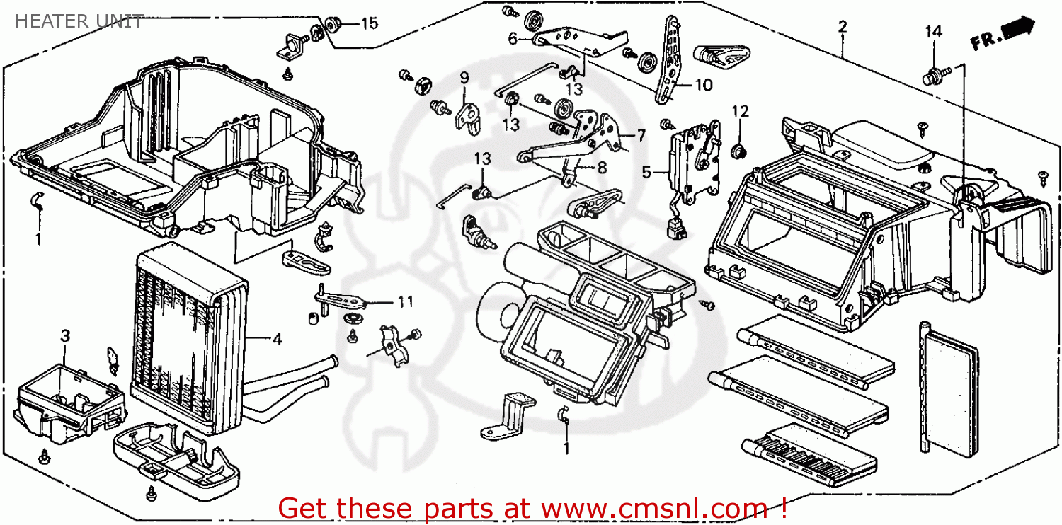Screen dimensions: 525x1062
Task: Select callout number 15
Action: (370, 23)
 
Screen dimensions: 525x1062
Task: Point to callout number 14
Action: (933, 31)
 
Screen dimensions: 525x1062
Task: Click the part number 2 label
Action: (842, 27)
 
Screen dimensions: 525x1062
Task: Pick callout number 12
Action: (740, 111)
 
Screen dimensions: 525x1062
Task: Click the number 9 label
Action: (464, 77)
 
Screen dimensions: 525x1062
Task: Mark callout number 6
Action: (513, 40)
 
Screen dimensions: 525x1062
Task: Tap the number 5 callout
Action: (646, 171)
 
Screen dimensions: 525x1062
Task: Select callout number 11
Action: (404, 302)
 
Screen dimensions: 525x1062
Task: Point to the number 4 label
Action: (277, 340)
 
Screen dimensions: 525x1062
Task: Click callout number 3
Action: (64, 335)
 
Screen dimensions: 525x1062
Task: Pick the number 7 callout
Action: (640, 135)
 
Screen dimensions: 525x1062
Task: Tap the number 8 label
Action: (602, 168)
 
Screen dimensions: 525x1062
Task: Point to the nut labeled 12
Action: (739, 149)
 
